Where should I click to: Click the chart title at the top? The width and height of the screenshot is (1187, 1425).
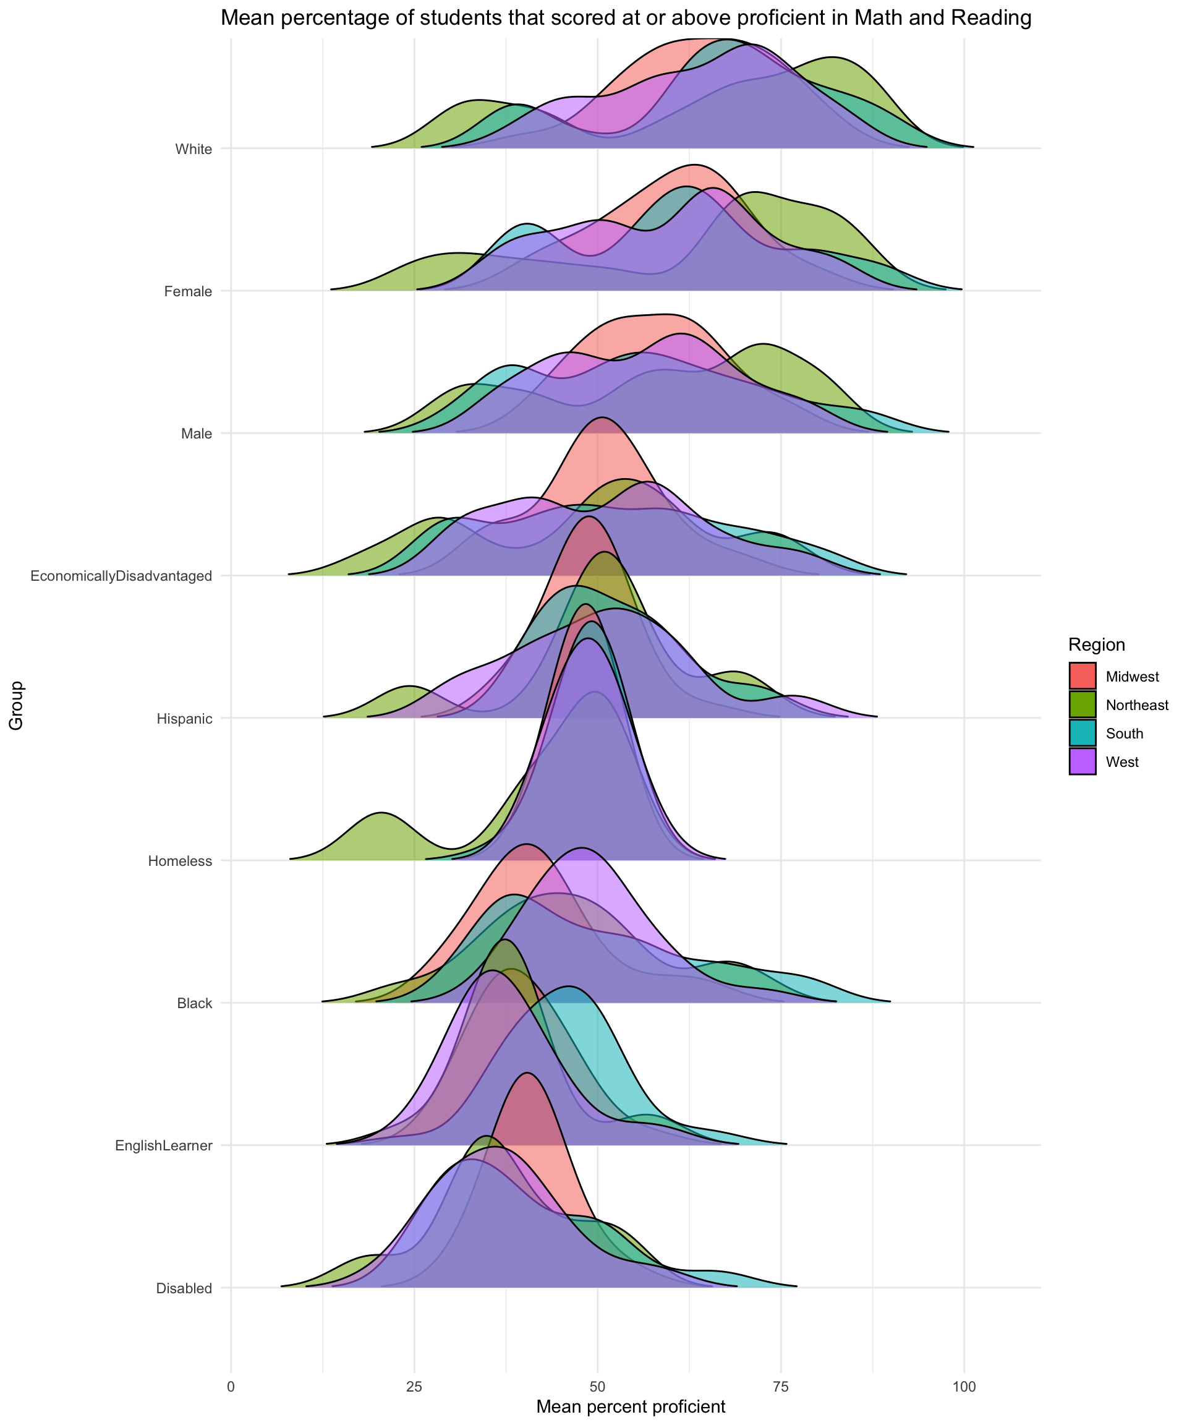pos(626,19)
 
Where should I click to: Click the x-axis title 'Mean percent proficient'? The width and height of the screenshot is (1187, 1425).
pos(631,1406)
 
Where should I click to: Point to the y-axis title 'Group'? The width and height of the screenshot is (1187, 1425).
pos(16,705)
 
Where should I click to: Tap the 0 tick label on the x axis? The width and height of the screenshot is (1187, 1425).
pos(231,1379)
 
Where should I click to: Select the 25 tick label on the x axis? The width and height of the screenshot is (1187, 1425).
pos(414,1379)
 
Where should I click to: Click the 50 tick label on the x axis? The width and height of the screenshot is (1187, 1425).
pos(597,1379)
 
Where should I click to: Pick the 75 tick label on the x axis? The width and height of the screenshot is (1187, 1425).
pos(780,1379)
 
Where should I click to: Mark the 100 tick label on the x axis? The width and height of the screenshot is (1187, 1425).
pos(963,1379)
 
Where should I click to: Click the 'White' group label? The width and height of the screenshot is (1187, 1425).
pos(194,148)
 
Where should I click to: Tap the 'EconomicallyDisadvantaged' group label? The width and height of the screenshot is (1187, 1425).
pos(121,576)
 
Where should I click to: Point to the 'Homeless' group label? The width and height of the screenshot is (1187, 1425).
pos(180,861)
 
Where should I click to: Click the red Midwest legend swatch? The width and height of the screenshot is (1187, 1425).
pos(1083,676)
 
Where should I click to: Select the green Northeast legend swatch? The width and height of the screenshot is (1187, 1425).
pos(1083,704)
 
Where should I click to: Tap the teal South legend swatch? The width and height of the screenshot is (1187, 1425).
pos(1083,733)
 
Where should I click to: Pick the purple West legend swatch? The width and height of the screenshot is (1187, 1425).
pos(1083,761)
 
